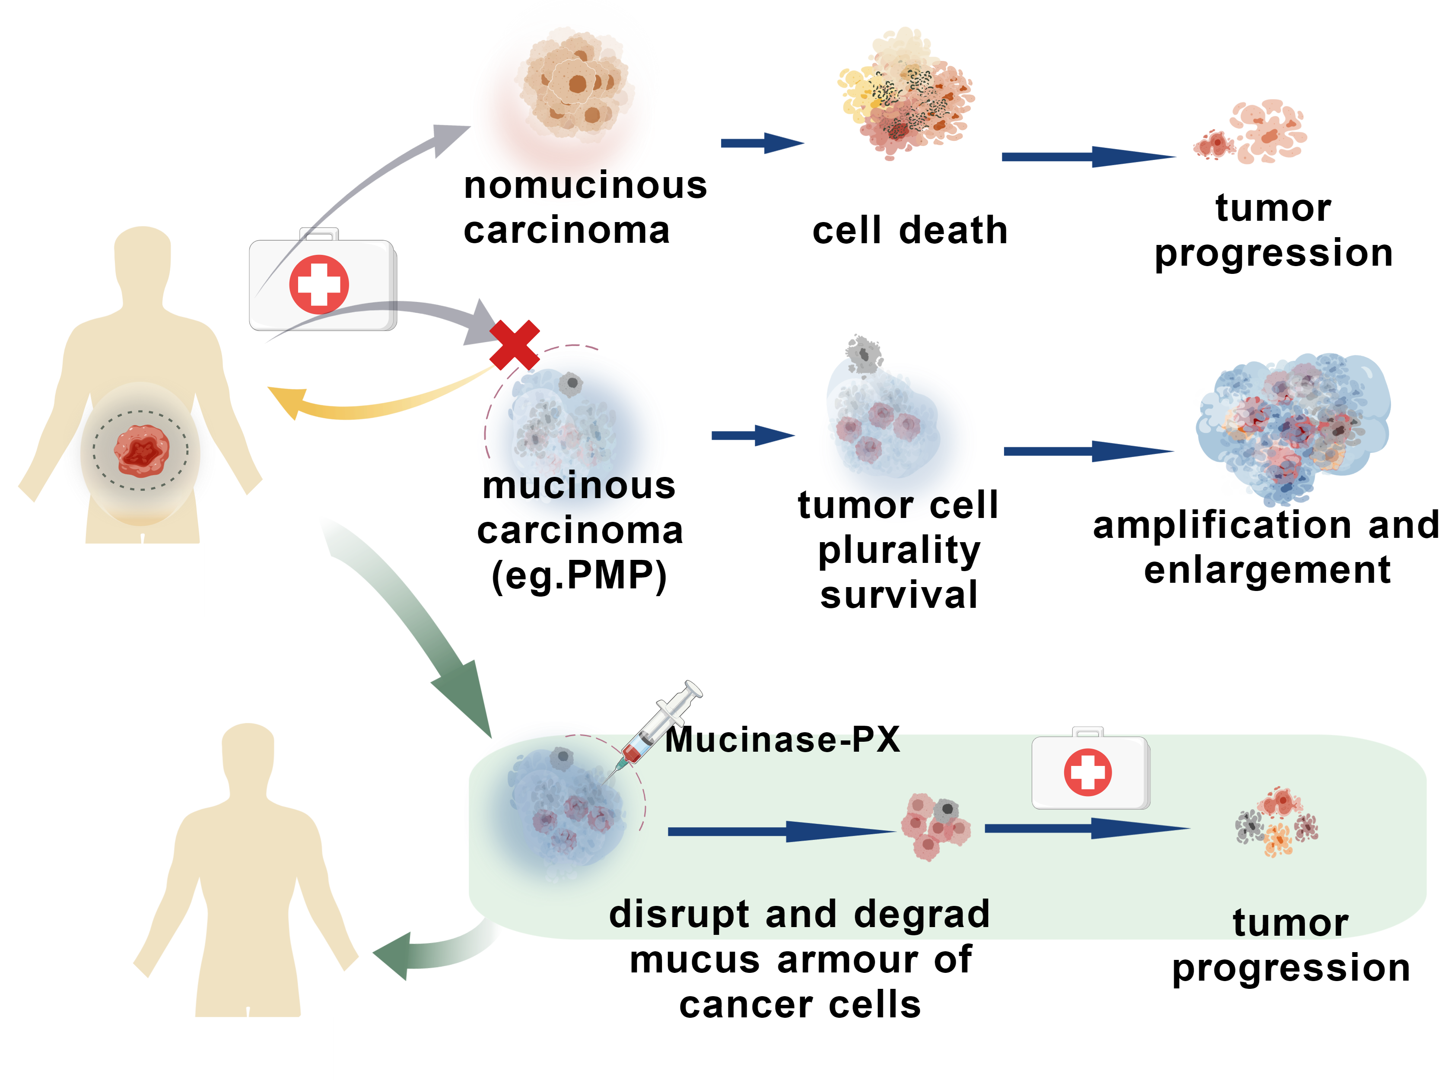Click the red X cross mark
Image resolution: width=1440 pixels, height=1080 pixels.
(514, 344)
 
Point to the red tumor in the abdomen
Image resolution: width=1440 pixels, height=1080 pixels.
(141, 451)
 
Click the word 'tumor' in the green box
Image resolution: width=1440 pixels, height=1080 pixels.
(1290, 923)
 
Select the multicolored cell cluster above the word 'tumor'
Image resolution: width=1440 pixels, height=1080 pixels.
(1276, 823)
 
